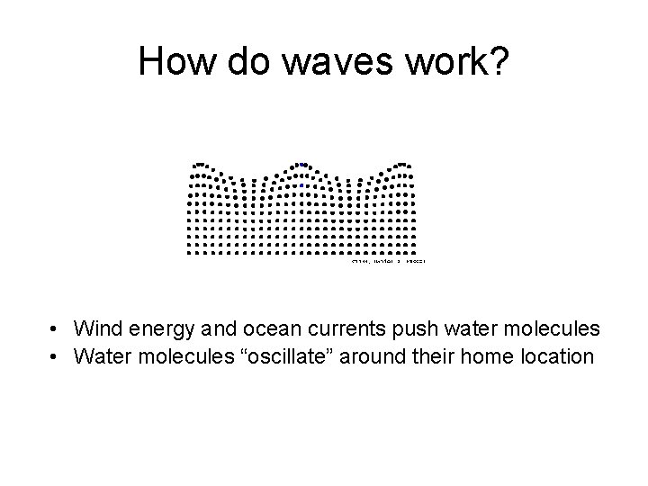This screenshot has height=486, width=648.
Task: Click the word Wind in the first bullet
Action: click(x=97, y=328)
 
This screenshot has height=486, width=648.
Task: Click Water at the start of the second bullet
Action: click(x=102, y=356)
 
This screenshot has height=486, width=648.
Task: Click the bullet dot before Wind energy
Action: click(x=56, y=328)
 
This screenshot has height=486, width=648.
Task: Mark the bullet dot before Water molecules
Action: click(x=56, y=356)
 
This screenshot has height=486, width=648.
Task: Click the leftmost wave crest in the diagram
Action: click(x=201, y=165)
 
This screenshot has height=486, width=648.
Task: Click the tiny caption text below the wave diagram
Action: click(x=386, y=262)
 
